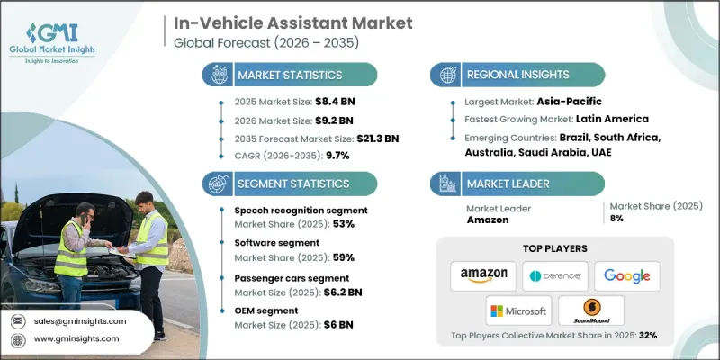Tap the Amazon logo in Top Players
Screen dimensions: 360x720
[483, 275]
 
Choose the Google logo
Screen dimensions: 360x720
[626, 275]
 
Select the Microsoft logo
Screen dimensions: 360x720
[518, 310]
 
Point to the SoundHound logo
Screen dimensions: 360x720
[590, 310]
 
